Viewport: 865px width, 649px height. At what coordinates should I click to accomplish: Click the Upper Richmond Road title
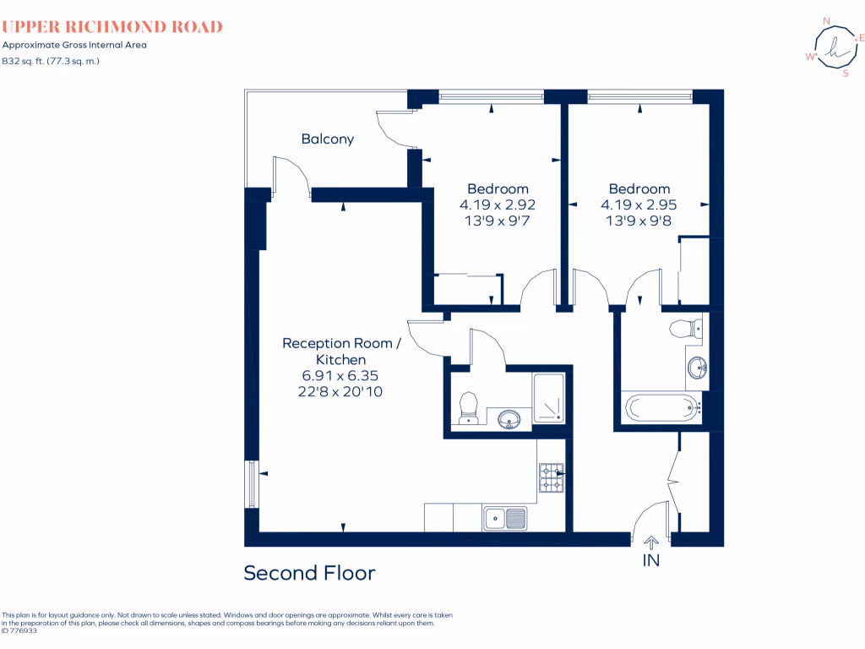(112, 27)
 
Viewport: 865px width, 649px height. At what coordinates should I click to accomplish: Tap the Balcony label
(328, 139)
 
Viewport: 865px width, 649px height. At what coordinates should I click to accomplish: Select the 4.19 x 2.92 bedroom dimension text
(498, 205)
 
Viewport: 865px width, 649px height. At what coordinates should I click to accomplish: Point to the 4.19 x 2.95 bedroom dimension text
(639, 205)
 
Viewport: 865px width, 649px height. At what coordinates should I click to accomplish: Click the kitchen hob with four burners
(551, 480)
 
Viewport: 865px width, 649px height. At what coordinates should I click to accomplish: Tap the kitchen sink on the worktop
(504, 517)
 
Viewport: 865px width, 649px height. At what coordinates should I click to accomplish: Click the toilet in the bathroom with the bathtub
(686, 329)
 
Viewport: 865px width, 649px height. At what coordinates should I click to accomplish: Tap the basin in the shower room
(509, 418)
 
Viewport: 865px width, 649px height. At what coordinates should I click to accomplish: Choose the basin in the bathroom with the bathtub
(697, 368)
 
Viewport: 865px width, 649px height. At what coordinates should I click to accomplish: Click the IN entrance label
(651, 559)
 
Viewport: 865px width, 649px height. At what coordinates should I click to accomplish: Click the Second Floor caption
(309, 573)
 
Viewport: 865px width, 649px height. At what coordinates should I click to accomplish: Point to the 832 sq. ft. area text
(51, 61)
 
